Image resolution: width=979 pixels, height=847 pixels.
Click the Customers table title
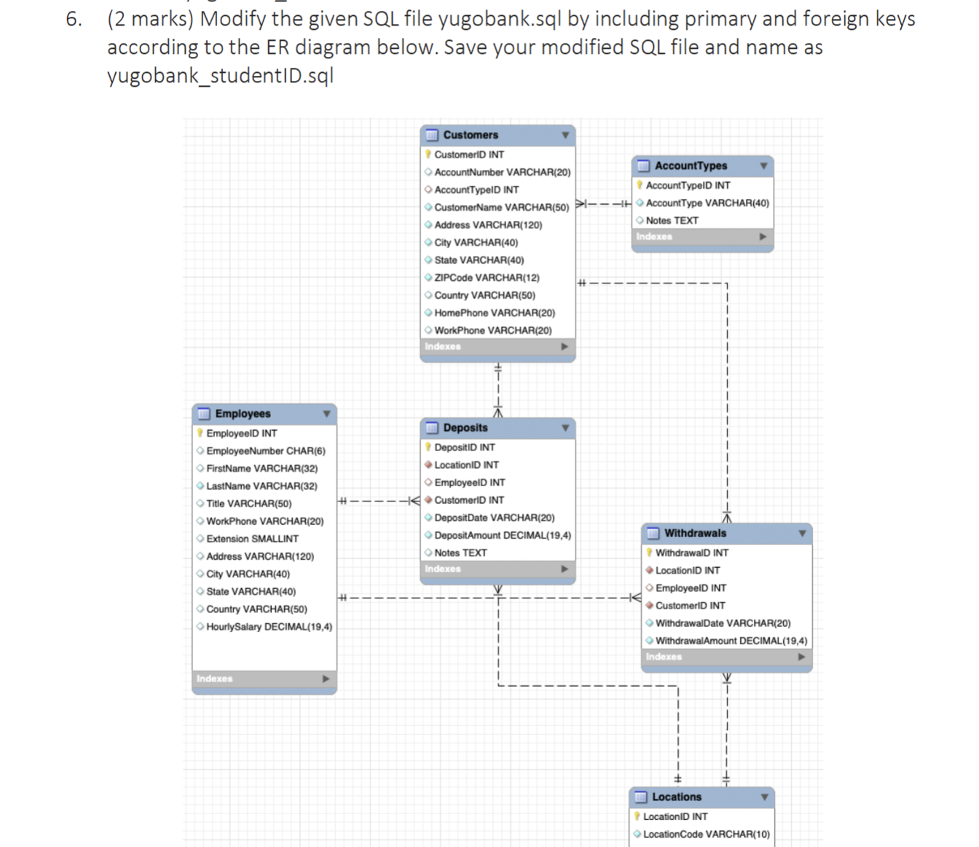(x=471, y=135)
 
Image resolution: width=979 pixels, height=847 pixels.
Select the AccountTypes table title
(x=691, y=166)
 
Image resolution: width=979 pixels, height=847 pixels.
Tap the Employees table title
(x=243, y=414)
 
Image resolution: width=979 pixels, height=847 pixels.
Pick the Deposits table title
(x=465, y=428)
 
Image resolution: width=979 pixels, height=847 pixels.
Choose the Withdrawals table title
(x=695, y=534)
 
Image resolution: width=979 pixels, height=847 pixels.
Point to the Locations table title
(x=677, y=797)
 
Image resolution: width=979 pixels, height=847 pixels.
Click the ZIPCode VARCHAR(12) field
(x=487, y=278)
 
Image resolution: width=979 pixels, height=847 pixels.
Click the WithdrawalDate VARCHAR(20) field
(x=723, y=623)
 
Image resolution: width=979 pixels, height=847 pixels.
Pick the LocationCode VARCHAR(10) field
(x=706, y=835)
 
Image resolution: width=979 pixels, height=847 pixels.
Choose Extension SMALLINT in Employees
(x=252, y=539)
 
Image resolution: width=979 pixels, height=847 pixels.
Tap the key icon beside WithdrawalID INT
(x=649, y=553)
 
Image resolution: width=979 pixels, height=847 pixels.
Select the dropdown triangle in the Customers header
(x=565, y=135)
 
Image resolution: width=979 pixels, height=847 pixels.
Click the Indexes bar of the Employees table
(x=264, y=679)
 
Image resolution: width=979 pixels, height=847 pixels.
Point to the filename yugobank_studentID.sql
(x=220, y=76)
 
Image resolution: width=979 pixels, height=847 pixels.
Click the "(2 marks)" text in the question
(x=151, y=19)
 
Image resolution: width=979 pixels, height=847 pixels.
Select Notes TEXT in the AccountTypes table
(x=672, y=220)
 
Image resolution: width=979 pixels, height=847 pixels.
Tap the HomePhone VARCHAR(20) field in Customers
(x=495, y=313)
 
